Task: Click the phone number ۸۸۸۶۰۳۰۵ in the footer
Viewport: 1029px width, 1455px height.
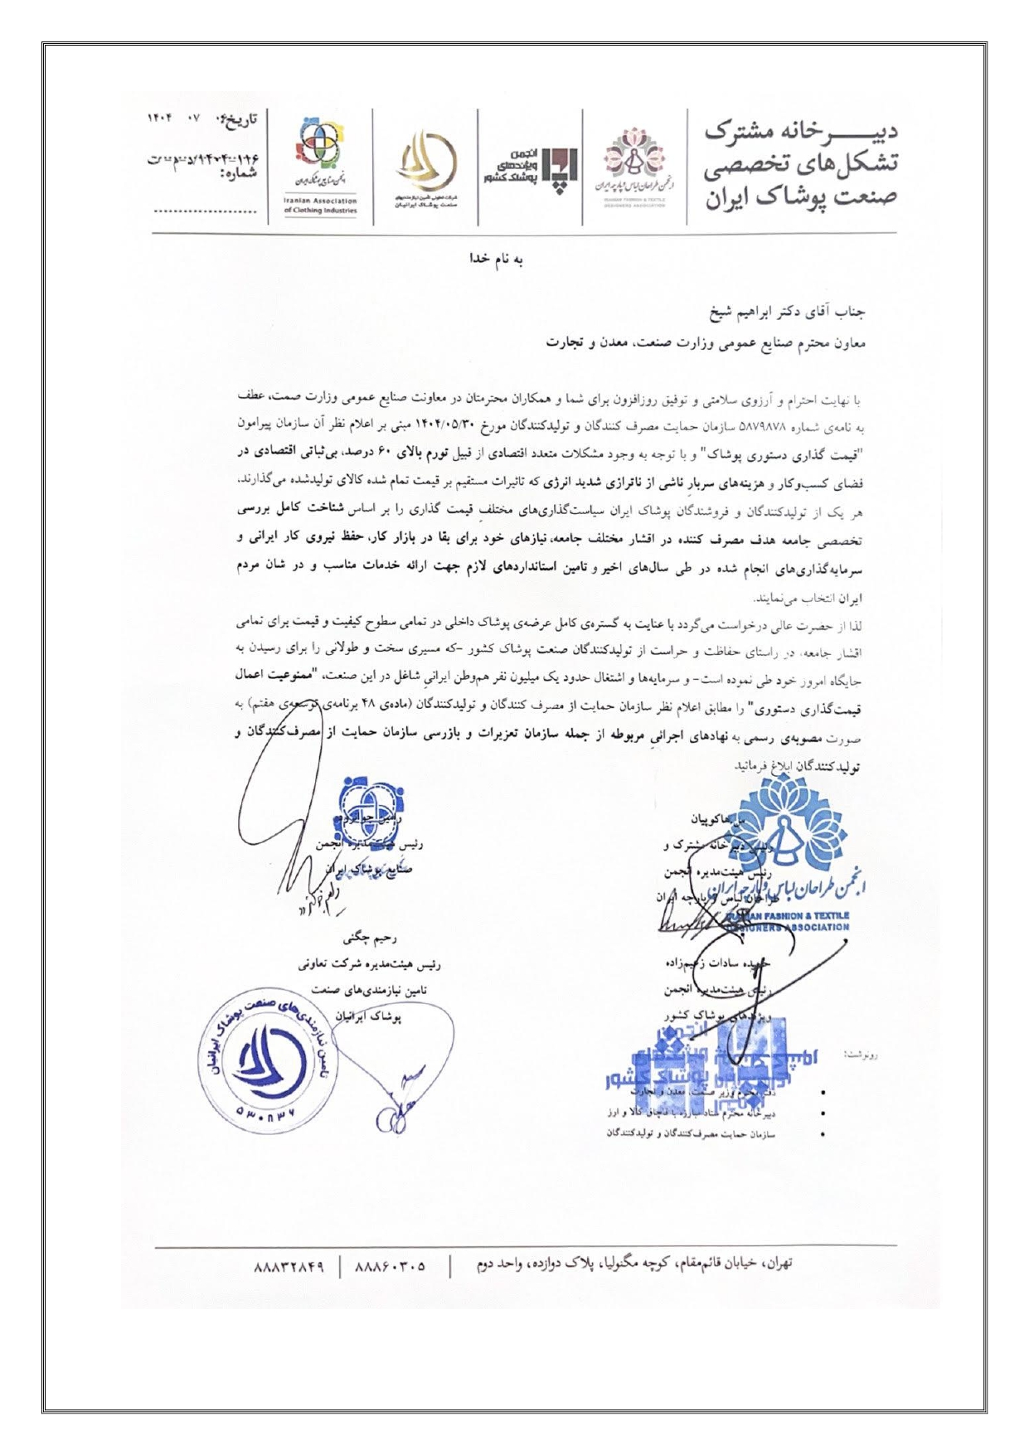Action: coord(390,1267)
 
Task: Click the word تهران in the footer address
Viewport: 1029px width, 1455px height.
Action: coord(776,1263)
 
